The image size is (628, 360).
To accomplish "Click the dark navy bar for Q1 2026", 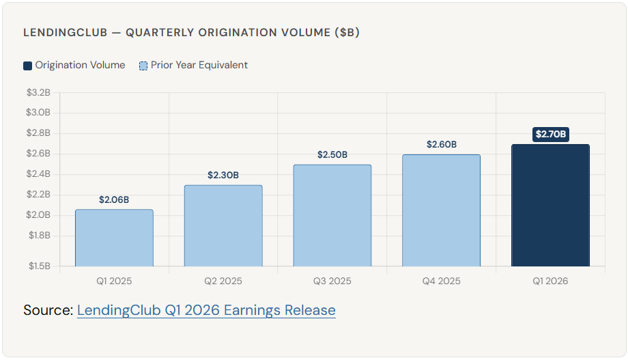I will [550, 205].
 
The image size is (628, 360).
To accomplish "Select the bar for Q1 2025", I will [114, 238].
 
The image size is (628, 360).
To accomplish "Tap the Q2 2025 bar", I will [223, 225].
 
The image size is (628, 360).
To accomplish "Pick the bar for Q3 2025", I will [332, 215].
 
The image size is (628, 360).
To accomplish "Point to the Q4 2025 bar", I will [441, 210].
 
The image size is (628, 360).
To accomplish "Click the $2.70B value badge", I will [550, 135].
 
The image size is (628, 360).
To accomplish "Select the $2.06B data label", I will [114, 200].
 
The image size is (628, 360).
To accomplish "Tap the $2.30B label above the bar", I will [223, 176].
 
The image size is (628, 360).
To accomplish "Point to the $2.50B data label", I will [332, 155].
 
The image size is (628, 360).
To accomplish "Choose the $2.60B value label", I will [441, 145].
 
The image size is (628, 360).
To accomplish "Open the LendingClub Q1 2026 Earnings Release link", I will [206, 310].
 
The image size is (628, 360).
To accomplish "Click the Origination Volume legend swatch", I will [28, 66].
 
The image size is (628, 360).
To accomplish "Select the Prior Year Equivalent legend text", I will [199, 66].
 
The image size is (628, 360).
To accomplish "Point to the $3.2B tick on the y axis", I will [38, 92].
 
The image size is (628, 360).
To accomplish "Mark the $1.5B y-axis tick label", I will [38, 266].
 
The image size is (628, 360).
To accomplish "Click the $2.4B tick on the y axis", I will [38, 174].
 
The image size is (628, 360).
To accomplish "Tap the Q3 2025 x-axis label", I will [332, 281].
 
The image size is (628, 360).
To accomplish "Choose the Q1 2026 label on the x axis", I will [550, 281].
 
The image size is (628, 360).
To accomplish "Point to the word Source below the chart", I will [47, 310].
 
